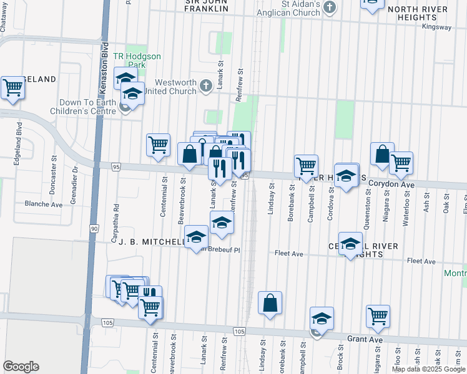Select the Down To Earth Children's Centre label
(x=87, y=107)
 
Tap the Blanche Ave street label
(x=43, y=204)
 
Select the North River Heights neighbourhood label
(x=418, y=14)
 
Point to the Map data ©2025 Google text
(x=428, y=369)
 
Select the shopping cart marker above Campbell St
(x=306, y=166)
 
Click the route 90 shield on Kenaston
(x=94, y=229)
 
